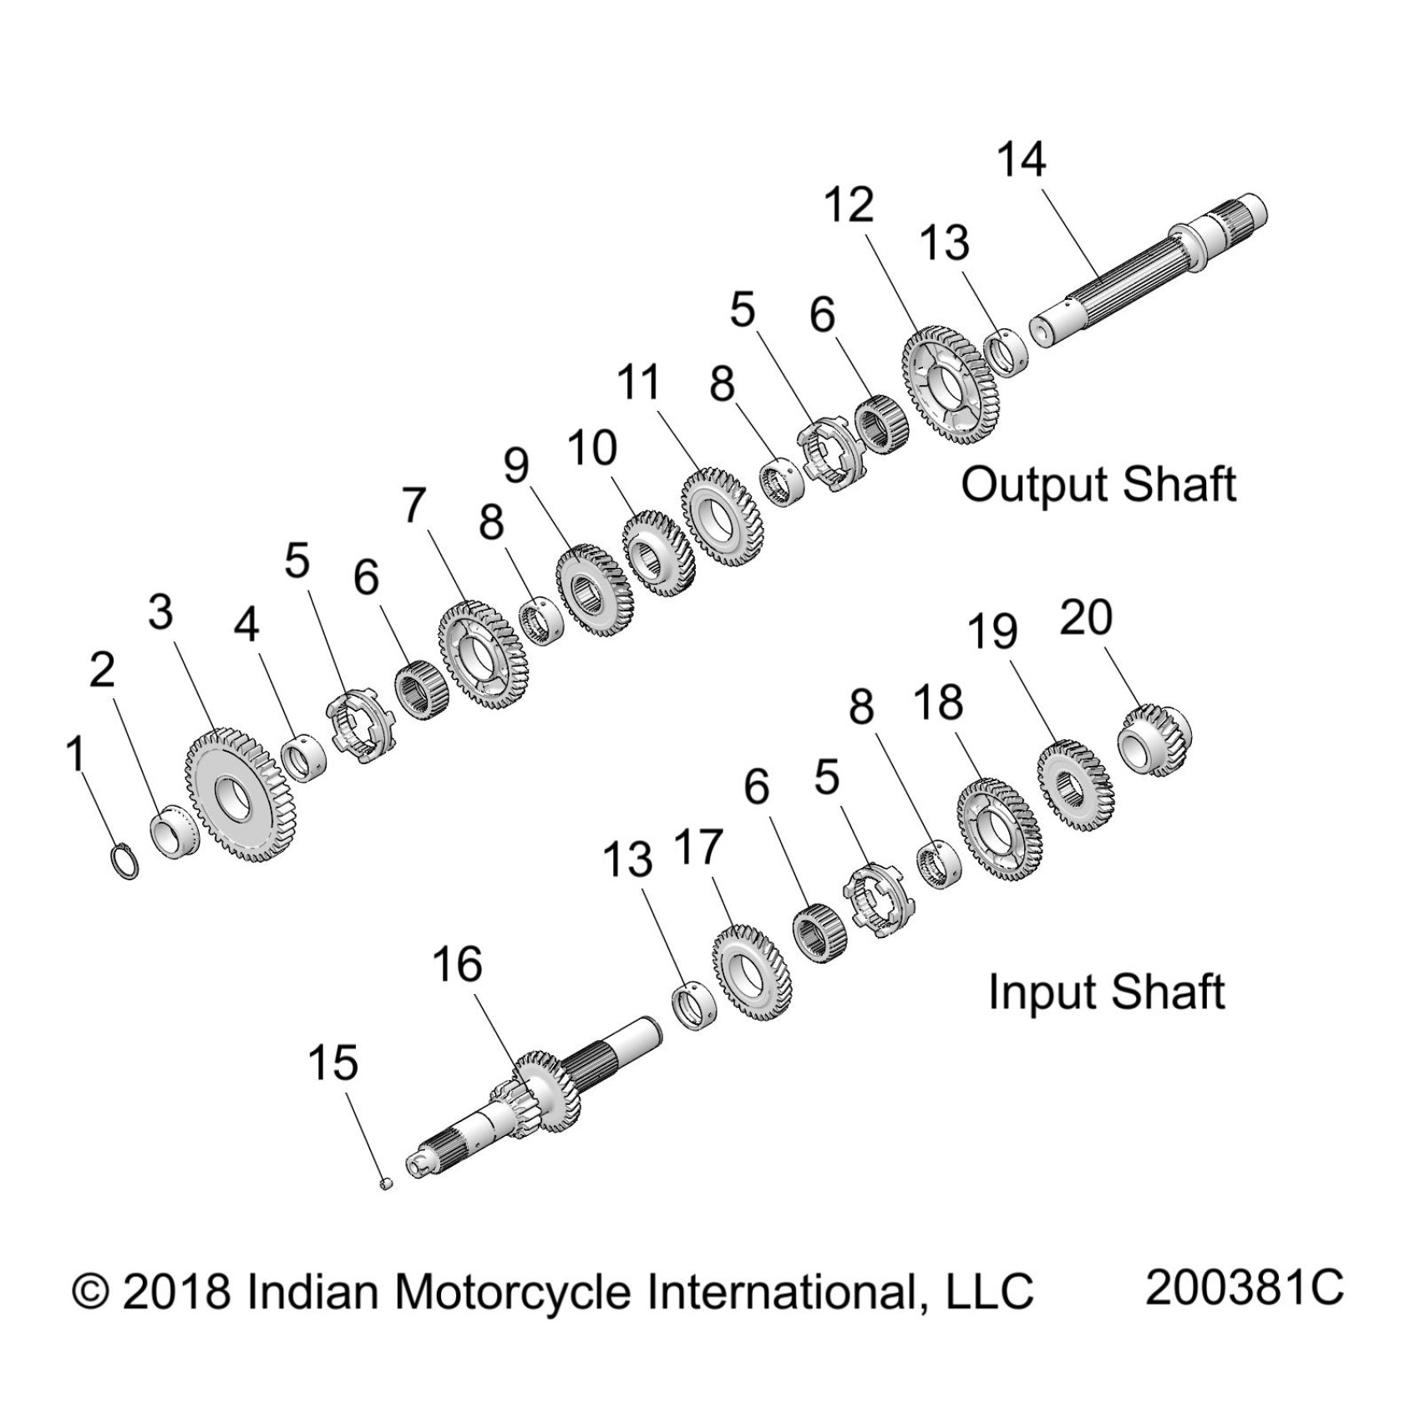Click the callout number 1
(76, 754)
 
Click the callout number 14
(1022, 160)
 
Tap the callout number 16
(458, 965)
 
